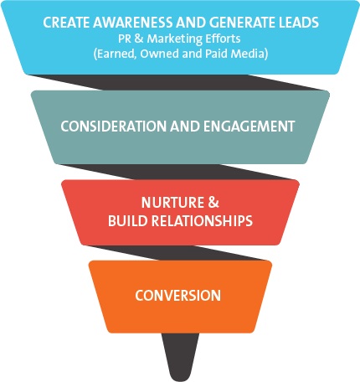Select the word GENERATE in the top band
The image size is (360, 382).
pos(239,23)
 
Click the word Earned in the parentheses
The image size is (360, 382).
pos(116,54)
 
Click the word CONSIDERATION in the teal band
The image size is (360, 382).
pos(114,126)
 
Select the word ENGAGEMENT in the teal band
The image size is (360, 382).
pos(249,126)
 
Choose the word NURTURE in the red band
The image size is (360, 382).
pos(173,203)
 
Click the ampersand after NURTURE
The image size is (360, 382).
pos(213,203)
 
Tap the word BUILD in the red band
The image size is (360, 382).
pos(127,221)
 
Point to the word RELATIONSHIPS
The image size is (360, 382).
pos(202,221)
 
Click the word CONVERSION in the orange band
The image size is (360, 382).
pos(178,296)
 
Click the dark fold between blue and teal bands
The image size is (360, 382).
pos(178,82)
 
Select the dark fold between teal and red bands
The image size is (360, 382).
pos(178,172)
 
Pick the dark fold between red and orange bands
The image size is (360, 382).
pos(178,253)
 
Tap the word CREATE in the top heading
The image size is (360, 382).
pos(66,23)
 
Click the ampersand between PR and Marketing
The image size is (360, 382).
pos(139,39)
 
